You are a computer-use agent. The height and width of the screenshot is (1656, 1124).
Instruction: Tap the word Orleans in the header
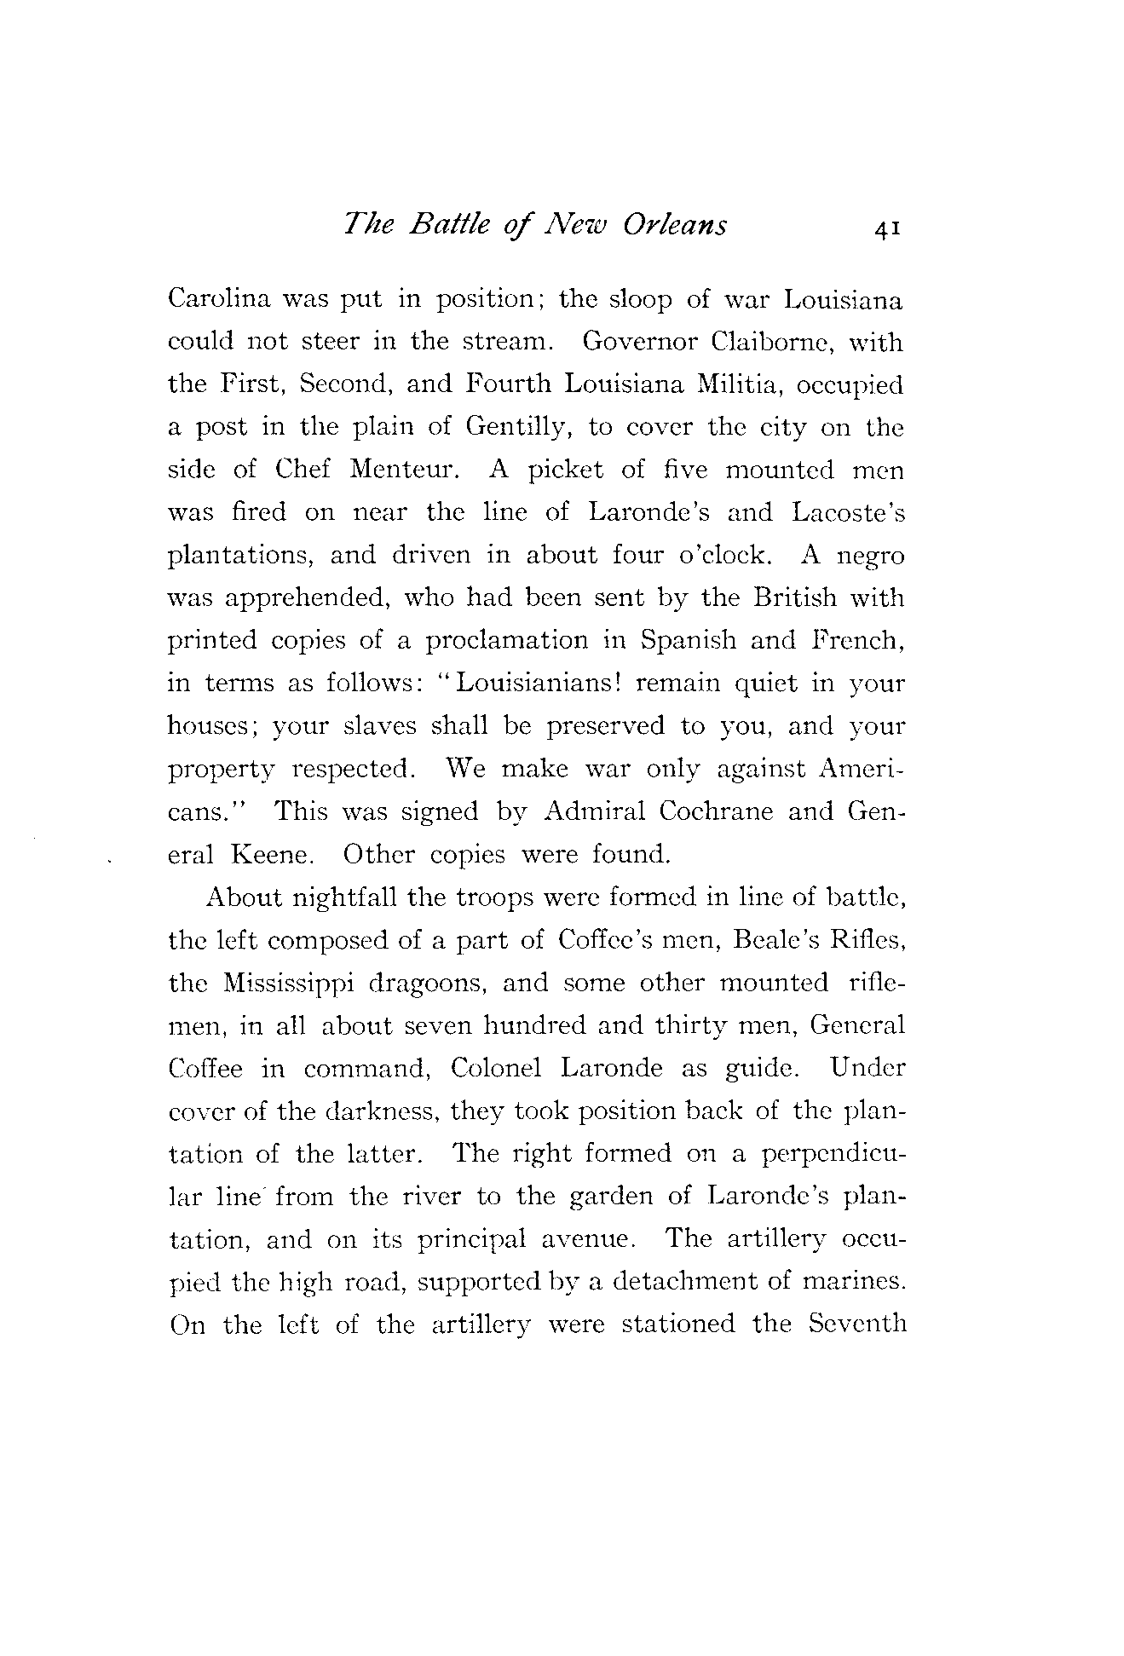(674, 225)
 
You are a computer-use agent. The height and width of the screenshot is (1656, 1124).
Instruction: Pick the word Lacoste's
(847, 513)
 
